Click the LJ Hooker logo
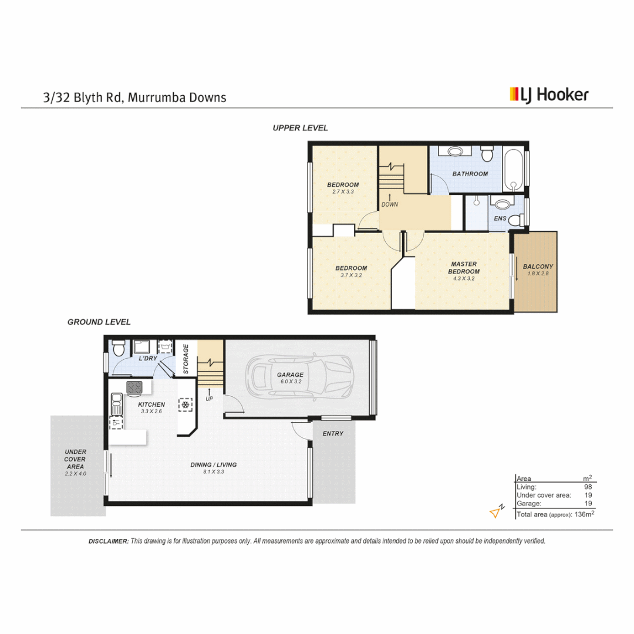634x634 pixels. tap(549, 95)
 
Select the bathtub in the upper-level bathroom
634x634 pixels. tap(514, 170)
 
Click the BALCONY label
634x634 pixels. tap(538, 267)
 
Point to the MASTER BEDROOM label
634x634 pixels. tap(464, 268)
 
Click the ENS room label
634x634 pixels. tap(500, 219)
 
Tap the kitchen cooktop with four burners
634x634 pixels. tap(134, 387)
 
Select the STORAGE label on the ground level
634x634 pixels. tap(186, 359)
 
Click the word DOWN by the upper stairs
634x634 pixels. tap(390, 205)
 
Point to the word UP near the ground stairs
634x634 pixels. tap(209, 399)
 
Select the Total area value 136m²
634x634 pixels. tap(583, 514)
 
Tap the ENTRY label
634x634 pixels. tap(333, 433)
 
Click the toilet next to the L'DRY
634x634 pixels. tap(118, 349)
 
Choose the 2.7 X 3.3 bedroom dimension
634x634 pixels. tap(343, 191)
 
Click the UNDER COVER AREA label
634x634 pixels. tap(75, 459)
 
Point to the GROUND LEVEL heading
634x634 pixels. tap(99, 322)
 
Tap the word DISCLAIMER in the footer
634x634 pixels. tap(108, 541)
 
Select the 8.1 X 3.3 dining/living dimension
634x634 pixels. tap(214, 471)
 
